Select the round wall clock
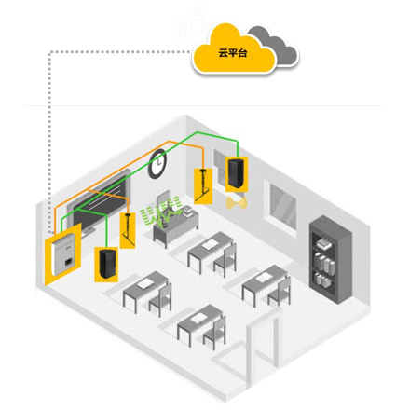158,164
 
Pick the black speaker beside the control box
107,264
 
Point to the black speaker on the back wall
237,173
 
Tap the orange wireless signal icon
237,203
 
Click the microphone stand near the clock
202,184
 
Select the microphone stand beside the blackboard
129,229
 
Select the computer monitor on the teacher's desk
164,202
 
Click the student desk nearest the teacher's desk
212,253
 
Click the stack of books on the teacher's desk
187,211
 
